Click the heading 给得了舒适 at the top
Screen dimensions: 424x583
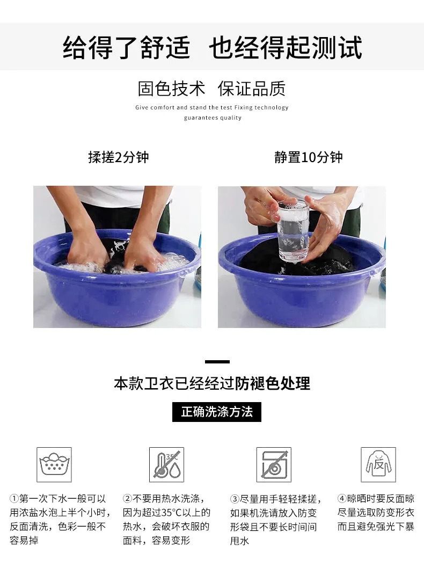(126, 48)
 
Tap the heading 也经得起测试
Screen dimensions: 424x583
(286, 48)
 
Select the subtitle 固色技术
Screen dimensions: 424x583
(171, 89)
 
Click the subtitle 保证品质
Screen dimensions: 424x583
(252, 89)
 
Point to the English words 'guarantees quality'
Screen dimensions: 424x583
(213, 118)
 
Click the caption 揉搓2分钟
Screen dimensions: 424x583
(119, 157)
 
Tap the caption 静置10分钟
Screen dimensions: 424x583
(309, 157)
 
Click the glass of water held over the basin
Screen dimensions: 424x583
(294, 230)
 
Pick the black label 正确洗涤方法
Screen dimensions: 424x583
(217, 412)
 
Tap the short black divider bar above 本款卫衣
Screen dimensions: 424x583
(217, 362)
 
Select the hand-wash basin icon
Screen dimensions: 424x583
(54, 465)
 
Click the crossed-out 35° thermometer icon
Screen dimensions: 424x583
(166, 465)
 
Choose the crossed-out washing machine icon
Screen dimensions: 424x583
(274, 465)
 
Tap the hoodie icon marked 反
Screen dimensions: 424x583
(378, 465)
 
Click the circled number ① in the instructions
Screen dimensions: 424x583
(14, 499)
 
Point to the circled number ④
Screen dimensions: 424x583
(342, 499)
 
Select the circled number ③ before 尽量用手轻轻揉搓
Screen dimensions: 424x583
(235, 499)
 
